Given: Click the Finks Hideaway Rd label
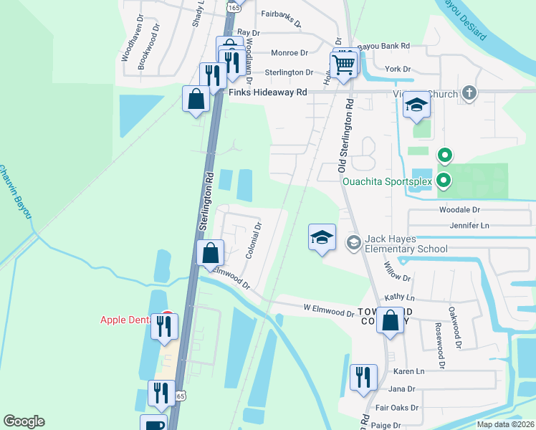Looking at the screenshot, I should point(267,92).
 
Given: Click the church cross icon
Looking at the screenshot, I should point(469,92).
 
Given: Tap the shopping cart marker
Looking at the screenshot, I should point(345,65).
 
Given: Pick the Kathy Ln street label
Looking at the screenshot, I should point(400,297).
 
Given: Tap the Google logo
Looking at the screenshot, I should point(24,421).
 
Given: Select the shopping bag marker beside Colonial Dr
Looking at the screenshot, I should point(211,254).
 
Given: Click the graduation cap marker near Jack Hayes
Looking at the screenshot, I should point(322,238).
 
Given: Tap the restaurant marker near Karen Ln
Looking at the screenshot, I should point(363,378).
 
